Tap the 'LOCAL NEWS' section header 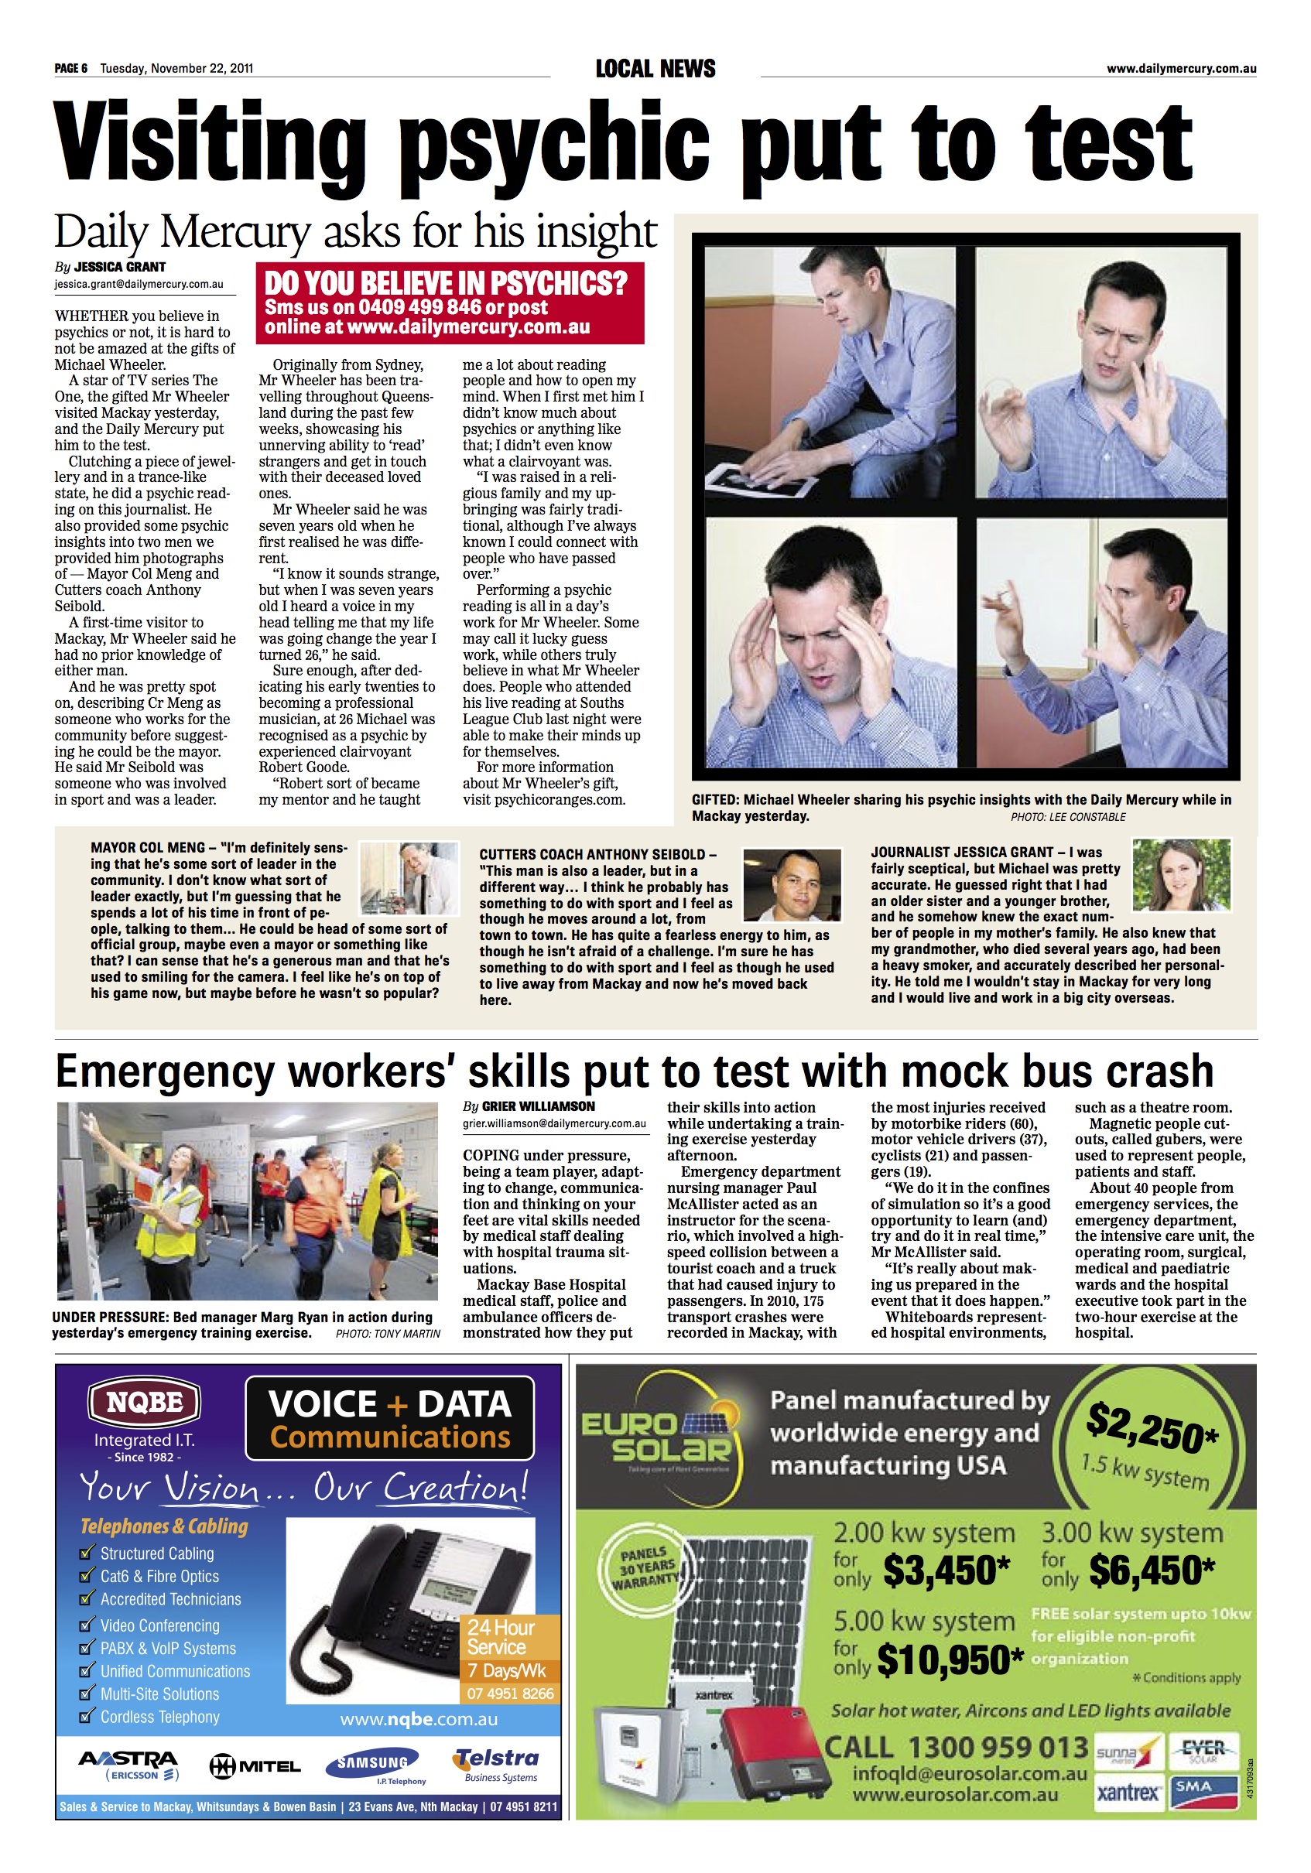pos(655,70)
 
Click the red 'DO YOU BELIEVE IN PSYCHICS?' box pos(450,302)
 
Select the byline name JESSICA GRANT pos(120,267)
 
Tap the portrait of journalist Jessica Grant pos(1180,874)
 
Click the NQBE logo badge pos(145,1403)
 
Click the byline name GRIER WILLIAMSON pos(539,1106)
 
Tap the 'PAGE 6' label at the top pos(71,69)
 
